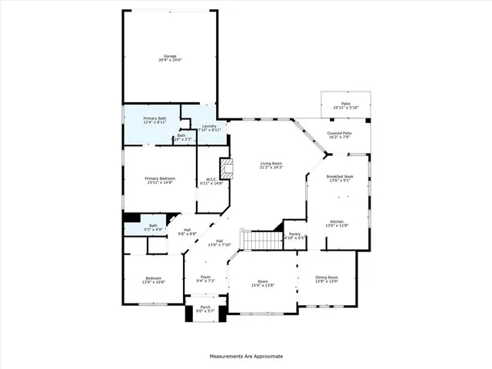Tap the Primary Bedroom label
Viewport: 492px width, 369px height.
click(x=161, y=180)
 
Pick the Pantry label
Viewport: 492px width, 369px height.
click(x=295, y=236)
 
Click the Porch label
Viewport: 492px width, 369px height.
click(x=206, y=309)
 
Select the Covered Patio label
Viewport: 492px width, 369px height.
click(x=339, y=135)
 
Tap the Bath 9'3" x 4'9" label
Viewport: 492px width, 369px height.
click(x=153, y=228)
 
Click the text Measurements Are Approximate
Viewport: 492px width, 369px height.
click(x=246, y=357)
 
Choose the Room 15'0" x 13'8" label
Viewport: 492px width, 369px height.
click(x=263, y=283)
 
